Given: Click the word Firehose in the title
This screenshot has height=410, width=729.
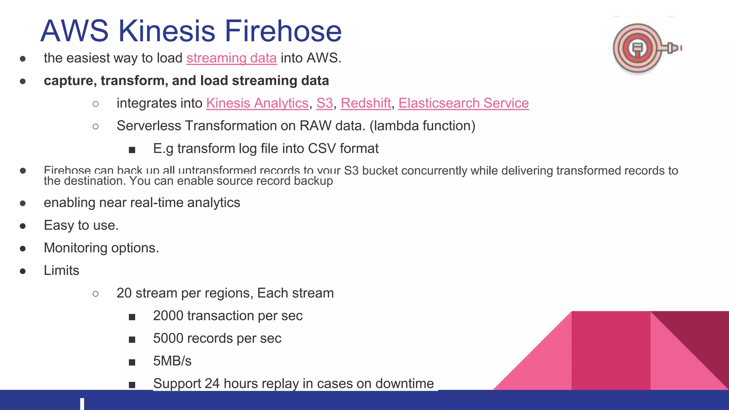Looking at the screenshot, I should click(x=283, y=31).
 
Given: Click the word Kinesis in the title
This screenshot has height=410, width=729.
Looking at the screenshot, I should click(x=167, y=31).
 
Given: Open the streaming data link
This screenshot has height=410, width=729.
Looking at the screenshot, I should click(x=231, y=58).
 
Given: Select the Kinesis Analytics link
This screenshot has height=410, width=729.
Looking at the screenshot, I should click(x=257, y=103).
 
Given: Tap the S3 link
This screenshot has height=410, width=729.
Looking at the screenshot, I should click(x=324, y=103).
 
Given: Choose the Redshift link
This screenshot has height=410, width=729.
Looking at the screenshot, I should click(x=366, y=103).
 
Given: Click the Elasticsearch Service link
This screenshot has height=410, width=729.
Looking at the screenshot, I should click(x=463, y=103).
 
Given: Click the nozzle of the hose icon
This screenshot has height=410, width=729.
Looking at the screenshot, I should click(x=673, y=48).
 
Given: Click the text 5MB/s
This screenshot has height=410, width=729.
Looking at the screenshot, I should click(x=172, y=361).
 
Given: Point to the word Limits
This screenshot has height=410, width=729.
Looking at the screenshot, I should click(x=61, y=271).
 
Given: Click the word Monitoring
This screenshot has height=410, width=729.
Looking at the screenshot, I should click(x=75, y=248).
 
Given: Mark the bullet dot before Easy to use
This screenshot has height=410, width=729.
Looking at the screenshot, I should click(x=23, y=226).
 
